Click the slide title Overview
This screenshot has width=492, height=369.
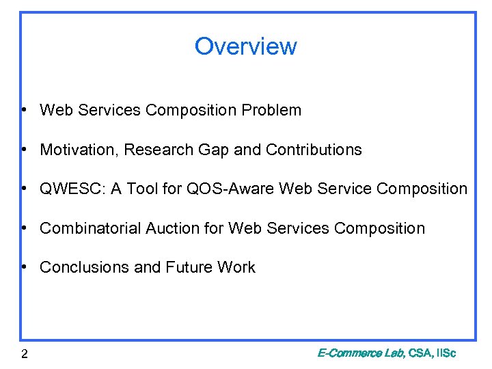click(x=245, y=46)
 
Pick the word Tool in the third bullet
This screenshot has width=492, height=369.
click(x=143, y=189)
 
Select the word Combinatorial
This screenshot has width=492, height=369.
click(x=90, y=228)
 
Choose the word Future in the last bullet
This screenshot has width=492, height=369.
click(x=187, y=267)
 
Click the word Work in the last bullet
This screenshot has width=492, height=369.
click(x=236, y=267)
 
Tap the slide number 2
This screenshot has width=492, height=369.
click(x=24, y=353)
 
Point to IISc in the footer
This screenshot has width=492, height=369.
click(x=445, y=353)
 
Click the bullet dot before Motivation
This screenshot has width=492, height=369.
click(x=24, y=150)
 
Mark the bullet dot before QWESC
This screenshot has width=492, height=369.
click(x=24, y=189)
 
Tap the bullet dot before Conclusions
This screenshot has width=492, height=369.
click(x=24, y=268)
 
